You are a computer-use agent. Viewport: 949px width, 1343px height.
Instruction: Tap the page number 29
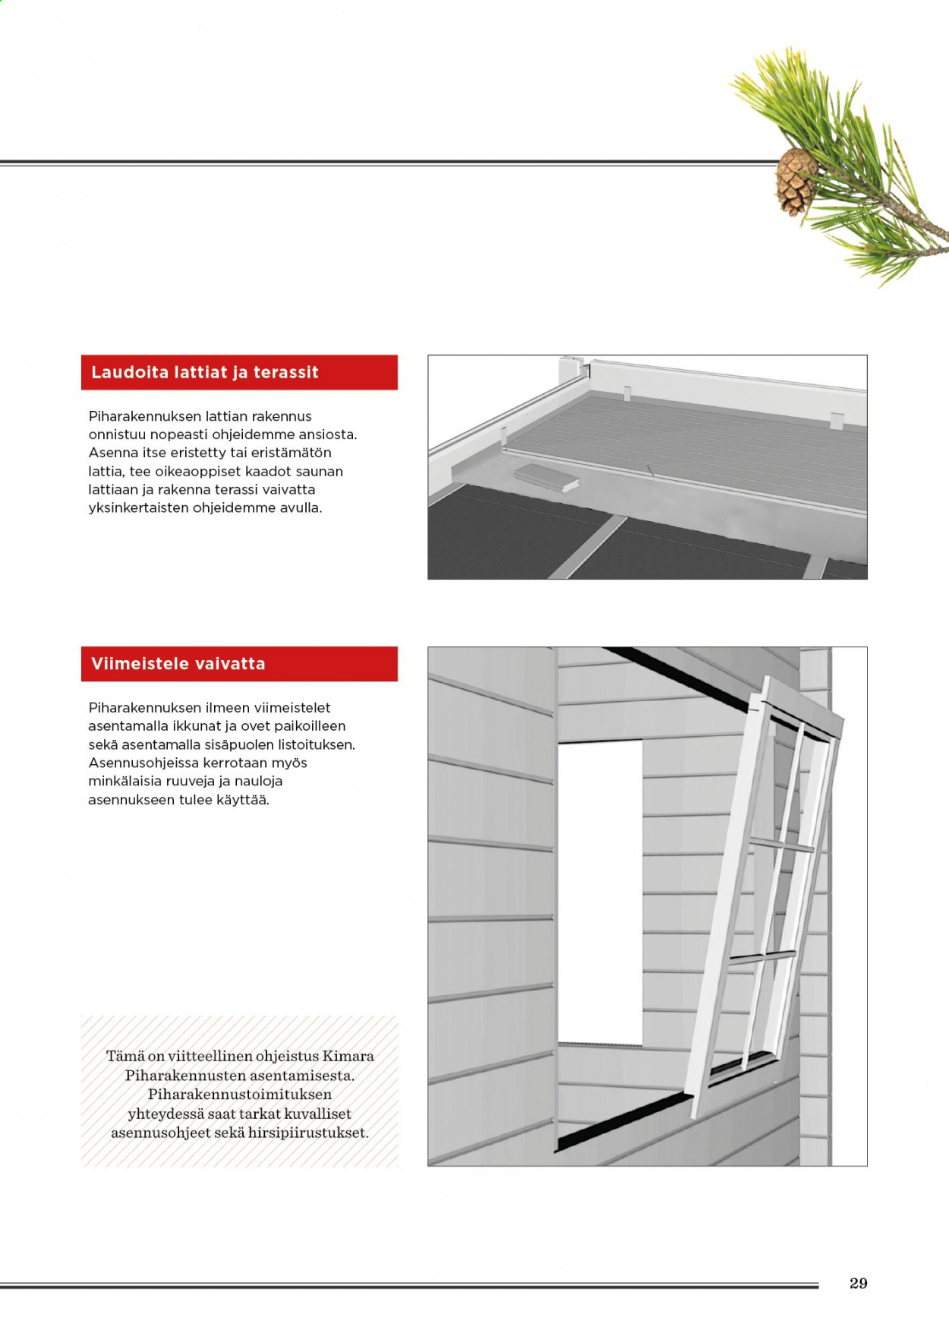click(x=859, y=1283)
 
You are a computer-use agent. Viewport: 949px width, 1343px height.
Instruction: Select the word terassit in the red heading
click(x=286, y=372)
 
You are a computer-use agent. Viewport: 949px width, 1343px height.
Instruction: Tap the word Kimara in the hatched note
click(x=348, y=1056)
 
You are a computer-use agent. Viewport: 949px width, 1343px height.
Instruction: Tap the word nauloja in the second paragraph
click(x=257, y=782)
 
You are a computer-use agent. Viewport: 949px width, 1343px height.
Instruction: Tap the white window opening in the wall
click(x=601, y=892)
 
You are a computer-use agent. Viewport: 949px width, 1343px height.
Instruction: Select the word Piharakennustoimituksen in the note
click(x=240, y=1095)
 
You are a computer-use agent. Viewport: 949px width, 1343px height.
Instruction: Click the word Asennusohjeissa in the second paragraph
click(x=144, y=763)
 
